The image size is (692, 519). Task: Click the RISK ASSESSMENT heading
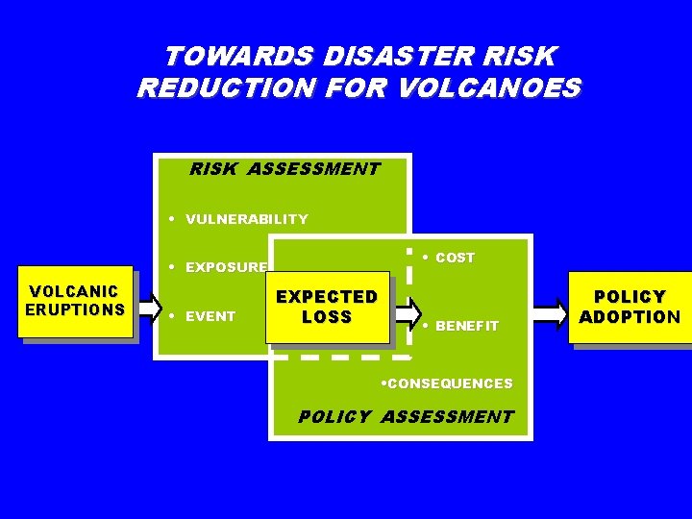[x=284, y=169]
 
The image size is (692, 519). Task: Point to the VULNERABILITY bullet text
[x=247, y=219]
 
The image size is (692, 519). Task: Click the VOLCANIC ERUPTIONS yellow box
[x=74, y=301]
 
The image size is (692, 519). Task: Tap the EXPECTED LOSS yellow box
[x=327, y=308]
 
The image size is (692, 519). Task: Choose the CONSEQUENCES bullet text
[x=449, y=383]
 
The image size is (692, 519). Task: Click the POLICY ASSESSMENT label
[x=406, y=417]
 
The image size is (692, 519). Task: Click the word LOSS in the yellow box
[x=327, y=317]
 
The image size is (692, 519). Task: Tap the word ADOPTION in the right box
[x=630, y=317]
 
